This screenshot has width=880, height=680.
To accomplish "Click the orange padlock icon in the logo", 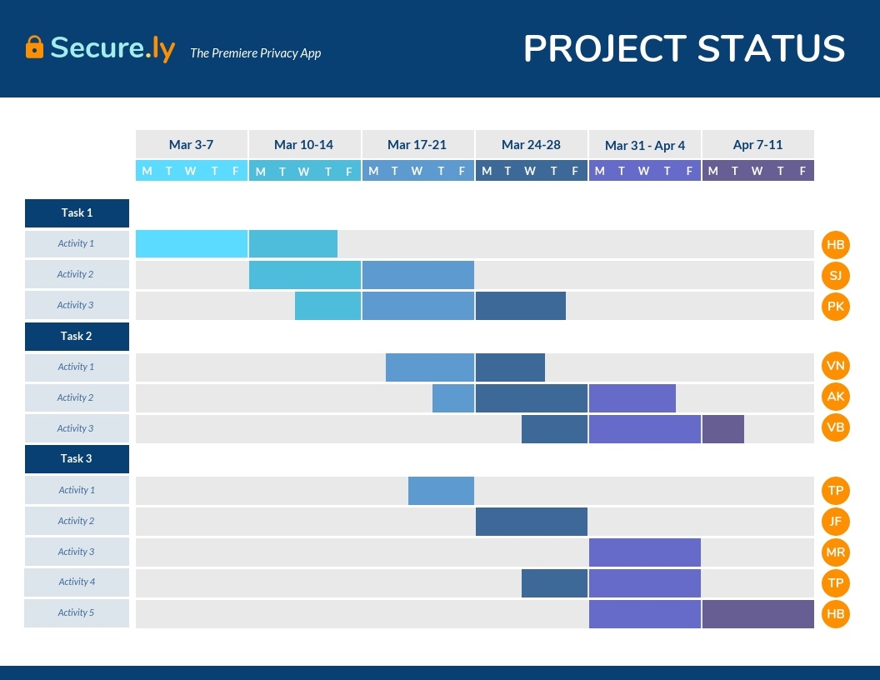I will click(x=34, y=47).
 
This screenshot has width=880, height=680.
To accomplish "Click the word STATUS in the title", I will click(x=771, y=48).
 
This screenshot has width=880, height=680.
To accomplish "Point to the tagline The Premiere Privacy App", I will click(x=255, y=53).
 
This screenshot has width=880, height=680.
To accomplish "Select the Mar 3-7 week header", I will click(x=192, y=144).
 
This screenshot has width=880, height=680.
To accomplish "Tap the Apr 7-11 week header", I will click(x=757, y=144).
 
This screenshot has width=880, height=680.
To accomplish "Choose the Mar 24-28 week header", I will click(x=531, y=144).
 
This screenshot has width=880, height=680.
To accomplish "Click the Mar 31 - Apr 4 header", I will click(x=645, y=145).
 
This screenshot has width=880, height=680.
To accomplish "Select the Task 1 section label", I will click(x=77, y=213).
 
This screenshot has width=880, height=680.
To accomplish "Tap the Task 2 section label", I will click(x=77, y=337).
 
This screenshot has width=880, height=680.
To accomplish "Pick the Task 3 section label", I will click(x=77, y=459).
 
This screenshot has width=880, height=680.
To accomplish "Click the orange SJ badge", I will click(x=835, y=275).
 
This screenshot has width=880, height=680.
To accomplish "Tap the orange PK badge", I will click(x=835, y=306).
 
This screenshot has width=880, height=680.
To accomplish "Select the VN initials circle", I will click(x=835, y=367).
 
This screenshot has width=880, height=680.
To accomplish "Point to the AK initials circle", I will click(x=835, y=397).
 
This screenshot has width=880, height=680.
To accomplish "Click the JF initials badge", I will click(x=835, y=521).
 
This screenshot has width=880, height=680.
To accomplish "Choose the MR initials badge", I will click(x=835, y=552).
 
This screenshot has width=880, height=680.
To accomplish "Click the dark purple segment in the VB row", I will click(x=722, y=428).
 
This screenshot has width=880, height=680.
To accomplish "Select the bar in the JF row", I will click(x=531, y=521).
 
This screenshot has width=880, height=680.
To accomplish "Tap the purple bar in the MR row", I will click(x=644, y=552).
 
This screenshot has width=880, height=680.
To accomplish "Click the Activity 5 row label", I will click(x=77, y=612).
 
